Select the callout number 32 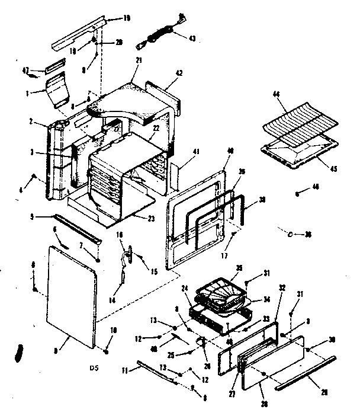(282, 287)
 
